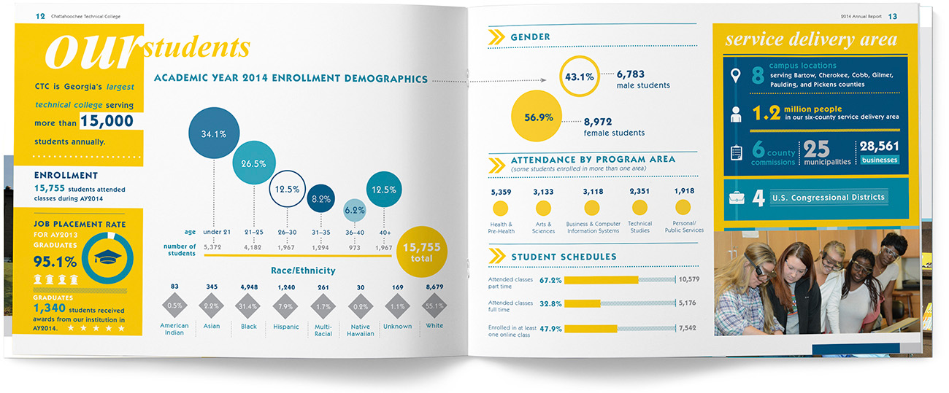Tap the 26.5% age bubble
pyautogui.click(x=253, y=163)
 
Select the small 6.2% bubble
pyautogui.click(x=354, y=210)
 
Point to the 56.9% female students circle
pyautogui.click(x=538, y=117)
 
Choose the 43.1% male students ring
pyautogui.click(x=579, y=76)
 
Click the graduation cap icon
pyautogui.click(x=109, y=255)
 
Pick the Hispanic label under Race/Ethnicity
pyautogui.click(x=285, y=327)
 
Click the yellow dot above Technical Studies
pyautogui.click(x=639, y=209)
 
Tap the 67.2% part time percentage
pyautogui.click(x=550, y=280)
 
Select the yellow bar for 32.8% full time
pyautogui.click(x=583, y=303)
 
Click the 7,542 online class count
pyautogui.click(x=688, y=328)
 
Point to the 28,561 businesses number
pyautogui.click(x=879, y=147)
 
